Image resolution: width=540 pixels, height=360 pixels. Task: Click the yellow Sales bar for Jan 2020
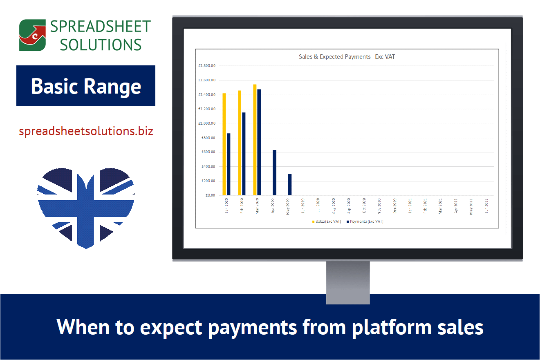(224, 144)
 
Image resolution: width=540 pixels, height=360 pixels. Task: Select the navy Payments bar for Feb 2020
(244, 154)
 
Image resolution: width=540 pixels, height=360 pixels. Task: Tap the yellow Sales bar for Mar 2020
(255, 140)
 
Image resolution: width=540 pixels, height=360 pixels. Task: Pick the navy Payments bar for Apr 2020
(274, 172)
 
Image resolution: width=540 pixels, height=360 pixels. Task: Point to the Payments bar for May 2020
(290, 185)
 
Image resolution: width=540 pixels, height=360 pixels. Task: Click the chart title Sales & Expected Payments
(347, 57)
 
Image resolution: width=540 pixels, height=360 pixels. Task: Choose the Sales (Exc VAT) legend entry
(327, 221)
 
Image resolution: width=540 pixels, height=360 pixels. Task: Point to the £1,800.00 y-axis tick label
(207, 65)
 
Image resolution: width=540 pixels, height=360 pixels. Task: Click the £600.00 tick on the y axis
(208, 152)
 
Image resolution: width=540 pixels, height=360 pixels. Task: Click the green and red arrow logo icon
(32, 35)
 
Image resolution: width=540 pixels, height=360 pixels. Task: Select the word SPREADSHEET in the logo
(101, 27)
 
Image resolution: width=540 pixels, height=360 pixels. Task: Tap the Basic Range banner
(86, 86)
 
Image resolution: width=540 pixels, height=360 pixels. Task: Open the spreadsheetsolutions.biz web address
(86, 132)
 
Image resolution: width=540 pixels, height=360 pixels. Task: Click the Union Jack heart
(86, 206)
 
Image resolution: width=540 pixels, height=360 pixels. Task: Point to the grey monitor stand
(347, 282)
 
